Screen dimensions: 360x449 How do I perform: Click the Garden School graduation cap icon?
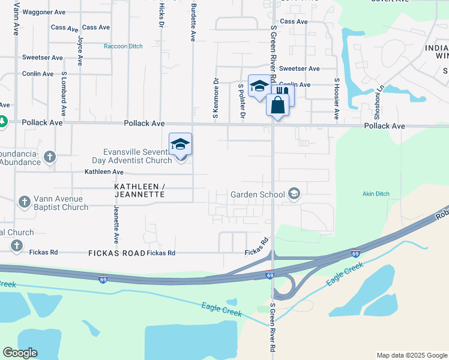pos(294,194)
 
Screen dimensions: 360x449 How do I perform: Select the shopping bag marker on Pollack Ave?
pos(277,106)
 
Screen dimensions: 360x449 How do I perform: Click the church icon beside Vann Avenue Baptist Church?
pos(25,202)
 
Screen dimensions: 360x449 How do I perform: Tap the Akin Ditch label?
pos(376,194)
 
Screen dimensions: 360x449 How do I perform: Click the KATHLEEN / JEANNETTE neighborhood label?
pos(139,191)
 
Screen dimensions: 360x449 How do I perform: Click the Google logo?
pos(20,353)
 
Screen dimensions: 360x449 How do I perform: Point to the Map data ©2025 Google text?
pos(411,355)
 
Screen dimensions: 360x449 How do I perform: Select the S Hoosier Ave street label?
pos(337,97)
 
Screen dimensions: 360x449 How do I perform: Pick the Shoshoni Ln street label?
pos(379,100)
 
